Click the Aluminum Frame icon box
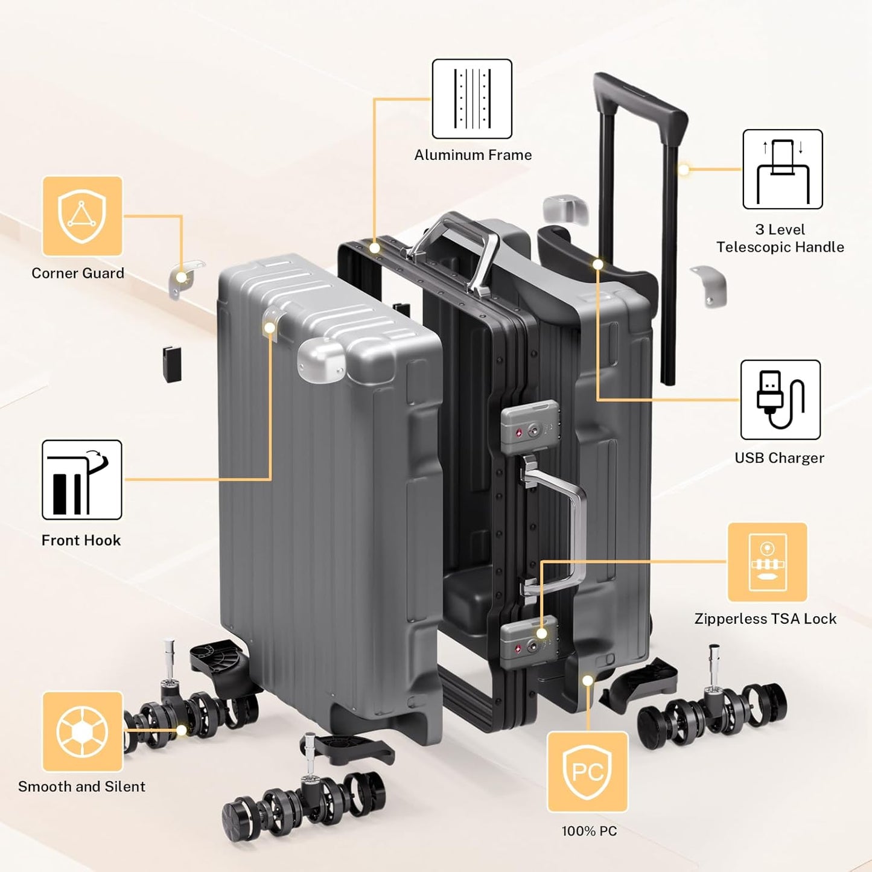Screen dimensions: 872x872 point(472,99)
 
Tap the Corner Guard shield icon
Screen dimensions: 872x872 point(82,216)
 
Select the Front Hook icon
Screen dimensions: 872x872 point(81,480)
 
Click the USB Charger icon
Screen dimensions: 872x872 point(780,399)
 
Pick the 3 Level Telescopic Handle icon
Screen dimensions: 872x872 point(782,170)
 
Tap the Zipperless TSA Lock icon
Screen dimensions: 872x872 point(767,562)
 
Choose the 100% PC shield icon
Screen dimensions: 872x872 point(587,772)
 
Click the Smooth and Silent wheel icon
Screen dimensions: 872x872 point(82,731)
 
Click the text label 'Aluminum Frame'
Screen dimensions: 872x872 point(473,155)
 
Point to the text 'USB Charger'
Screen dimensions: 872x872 point(779,458)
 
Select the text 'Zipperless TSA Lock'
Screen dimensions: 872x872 point(765,619)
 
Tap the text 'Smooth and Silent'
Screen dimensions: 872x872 point(81,786)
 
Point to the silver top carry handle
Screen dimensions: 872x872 point(456,247)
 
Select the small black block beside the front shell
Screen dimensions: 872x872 point(172,363)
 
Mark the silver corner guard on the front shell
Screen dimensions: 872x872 point(321,361)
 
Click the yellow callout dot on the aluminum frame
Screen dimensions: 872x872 point(375,248)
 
